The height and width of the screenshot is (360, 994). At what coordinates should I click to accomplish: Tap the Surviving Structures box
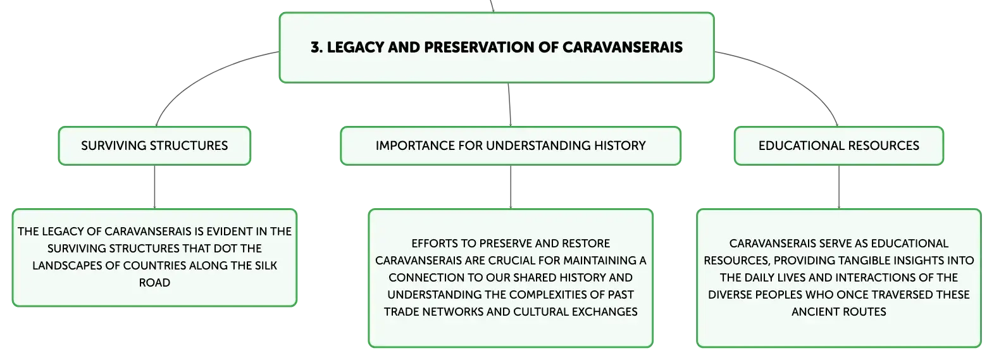point(154,146)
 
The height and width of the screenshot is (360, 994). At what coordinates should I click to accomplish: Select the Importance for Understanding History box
point(511,146)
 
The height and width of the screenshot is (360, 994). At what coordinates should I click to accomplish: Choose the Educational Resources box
point(839,146)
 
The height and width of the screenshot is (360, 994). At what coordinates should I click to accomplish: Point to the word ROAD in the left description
point(154,283)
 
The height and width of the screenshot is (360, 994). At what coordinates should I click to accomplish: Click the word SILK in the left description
point(266,266)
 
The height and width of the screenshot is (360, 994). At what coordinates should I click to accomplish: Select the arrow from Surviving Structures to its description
point(154,187)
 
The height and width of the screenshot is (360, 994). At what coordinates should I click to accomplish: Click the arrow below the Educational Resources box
point(839,187)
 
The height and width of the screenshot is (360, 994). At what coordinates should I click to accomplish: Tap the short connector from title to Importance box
point(509,105)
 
